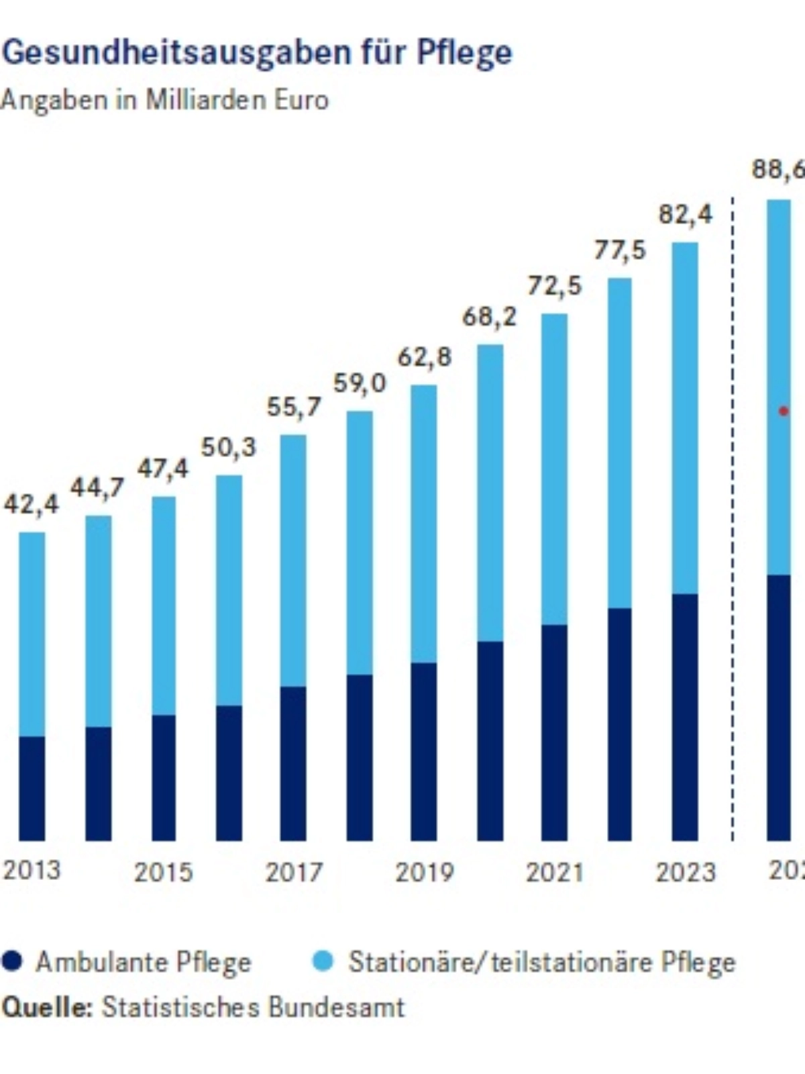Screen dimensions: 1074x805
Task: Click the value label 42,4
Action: (x=31, y=504)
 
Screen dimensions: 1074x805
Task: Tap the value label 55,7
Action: (x=294, y=407)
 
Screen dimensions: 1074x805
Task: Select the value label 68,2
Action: (x=490, y=316)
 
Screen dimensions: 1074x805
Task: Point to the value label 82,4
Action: (x=686, y=215)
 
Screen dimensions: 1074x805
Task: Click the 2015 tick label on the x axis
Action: (x=163, y=872)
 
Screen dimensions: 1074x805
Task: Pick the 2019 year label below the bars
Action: (x=424, y=872)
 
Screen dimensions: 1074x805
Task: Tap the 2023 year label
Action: (x=686, y=872)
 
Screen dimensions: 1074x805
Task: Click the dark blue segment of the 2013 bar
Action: (x=32, y=788)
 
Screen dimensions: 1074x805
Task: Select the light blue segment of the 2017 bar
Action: (x=293, y=560)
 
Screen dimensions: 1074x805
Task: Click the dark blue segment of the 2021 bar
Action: (x=554, y=732)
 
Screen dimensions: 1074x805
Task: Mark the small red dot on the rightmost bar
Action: (x=782, y=411)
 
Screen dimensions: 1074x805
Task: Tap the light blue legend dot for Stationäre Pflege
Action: (x=323, y=962)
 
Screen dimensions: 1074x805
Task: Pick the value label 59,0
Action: (x=360, y=383)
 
